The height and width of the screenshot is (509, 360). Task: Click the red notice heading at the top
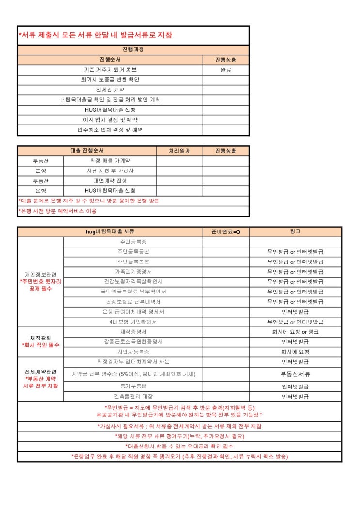click(95, 35)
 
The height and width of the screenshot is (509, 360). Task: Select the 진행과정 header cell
click(133, 50)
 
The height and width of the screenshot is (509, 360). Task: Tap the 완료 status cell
click(226, 70)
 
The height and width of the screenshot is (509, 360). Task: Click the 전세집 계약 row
click(110, 90)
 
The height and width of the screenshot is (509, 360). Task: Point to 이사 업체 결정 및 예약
click(110, 120)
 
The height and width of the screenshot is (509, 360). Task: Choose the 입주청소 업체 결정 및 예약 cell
click(110, 130)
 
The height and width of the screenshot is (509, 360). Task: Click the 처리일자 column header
click(179, 151)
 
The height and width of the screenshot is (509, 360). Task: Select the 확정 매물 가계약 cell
click(110, 161)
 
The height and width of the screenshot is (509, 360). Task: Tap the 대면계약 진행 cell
click(110, 181)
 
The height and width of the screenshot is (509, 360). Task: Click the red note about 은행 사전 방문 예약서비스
click(58, 211)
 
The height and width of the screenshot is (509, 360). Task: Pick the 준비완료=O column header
click(226, 231)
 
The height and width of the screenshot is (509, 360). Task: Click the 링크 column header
click(295, 231)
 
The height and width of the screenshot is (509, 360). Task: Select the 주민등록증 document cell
click(133, 242)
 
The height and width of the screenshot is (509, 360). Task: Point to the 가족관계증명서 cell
click(133, 272)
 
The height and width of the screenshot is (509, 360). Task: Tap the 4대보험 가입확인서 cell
click(133, 322)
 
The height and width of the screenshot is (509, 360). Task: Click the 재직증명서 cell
click(133, 332)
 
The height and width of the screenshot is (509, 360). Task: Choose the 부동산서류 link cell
click(295, 374)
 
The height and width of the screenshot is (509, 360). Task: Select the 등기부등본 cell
click(133, 386)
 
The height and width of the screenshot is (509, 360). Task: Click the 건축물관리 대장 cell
click(133, 397)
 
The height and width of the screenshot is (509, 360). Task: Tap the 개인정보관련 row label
click(41, 275)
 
